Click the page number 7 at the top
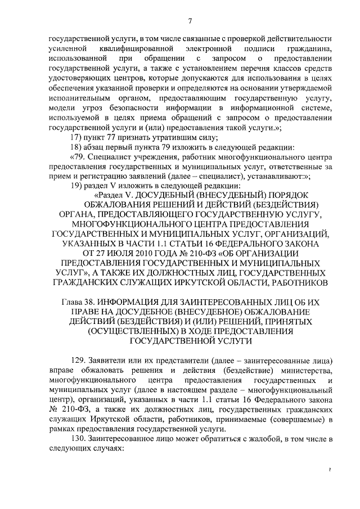(190, 21)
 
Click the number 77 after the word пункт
(111, 138)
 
